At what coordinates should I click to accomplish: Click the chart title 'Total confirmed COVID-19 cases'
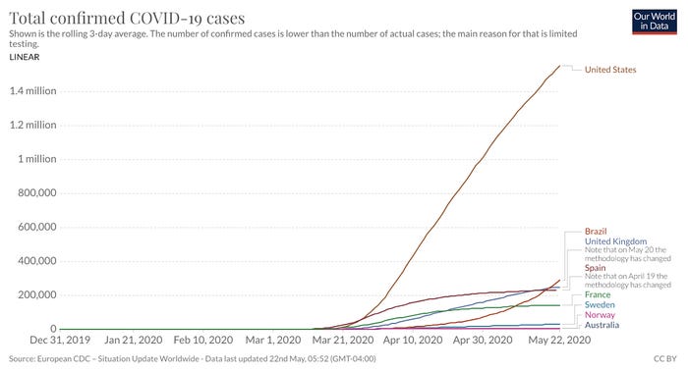[x=127, y=18]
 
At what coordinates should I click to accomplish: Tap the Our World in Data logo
[x=655, y=22]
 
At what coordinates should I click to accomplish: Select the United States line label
[x=610, y=70]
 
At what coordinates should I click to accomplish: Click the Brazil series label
[x=596, y=232]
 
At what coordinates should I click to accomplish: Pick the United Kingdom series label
[x=615, y=241]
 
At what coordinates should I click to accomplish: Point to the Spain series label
[x=595, y=268]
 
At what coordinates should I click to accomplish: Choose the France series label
[x=598, y=294]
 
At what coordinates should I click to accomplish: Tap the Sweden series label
[x=600, y=305]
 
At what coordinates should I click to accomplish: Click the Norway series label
[x=600, y=315]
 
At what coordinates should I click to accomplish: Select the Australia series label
[x=602, y=325]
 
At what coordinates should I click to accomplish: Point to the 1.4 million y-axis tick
[x=32, y=90]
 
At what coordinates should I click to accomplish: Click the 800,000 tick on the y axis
[x=37, y=192]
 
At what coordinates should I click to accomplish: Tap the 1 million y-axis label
[x=37, y=159]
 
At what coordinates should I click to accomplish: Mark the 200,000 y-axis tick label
[x=37, y=294]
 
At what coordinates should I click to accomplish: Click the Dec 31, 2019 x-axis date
[x=60, y=340]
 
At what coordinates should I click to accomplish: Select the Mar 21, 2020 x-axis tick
[x=343, y=340]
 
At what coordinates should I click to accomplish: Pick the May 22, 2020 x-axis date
[x=559, y=340]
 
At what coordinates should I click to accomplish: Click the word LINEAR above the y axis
[x=25, y=57]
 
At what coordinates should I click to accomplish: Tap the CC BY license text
[x=665, y=359]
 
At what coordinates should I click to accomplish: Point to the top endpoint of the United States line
[x=560, y=66]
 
